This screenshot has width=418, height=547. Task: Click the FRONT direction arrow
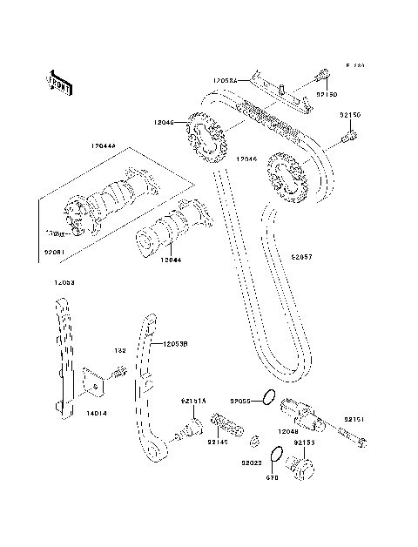click(59, 80)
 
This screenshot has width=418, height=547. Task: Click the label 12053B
click(173, 344)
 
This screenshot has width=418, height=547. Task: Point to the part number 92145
click(218, 442)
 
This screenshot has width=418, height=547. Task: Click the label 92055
click(240, 401)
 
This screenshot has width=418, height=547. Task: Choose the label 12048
click(290, 430)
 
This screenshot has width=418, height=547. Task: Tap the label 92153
click(304, 442)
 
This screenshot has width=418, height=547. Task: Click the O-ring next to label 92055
click(270, 400)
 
